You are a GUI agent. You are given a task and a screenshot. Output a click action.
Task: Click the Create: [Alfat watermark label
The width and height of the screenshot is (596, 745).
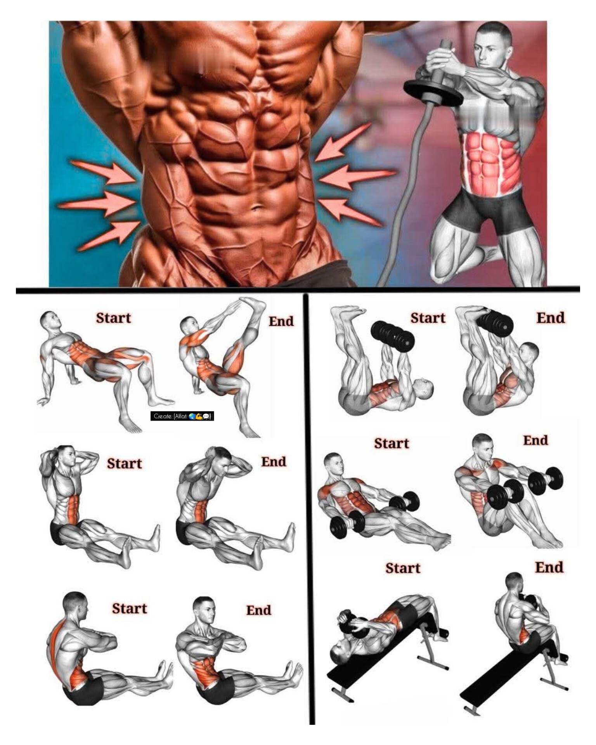point(182,416)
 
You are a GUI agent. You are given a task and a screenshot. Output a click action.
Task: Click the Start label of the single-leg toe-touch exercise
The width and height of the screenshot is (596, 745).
point(113,318)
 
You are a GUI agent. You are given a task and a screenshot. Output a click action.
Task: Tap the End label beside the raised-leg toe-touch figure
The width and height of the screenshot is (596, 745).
point(281,321)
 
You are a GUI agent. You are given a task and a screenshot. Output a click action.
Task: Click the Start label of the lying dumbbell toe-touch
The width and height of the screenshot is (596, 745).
point(428,318)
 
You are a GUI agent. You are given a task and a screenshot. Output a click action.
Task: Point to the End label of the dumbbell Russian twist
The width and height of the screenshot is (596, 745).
point(536,440)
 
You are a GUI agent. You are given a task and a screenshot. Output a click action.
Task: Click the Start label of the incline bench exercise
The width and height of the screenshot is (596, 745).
point(403,568)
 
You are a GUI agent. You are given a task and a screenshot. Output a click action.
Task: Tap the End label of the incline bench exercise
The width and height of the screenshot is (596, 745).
point(549,567)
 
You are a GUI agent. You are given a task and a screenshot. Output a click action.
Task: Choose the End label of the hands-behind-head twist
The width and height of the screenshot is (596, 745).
point(274,462)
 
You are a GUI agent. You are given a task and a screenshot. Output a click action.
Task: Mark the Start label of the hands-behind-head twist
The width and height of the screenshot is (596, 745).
point(125,463)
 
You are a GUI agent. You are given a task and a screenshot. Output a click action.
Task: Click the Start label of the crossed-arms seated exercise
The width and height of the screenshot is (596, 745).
point(130,608)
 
